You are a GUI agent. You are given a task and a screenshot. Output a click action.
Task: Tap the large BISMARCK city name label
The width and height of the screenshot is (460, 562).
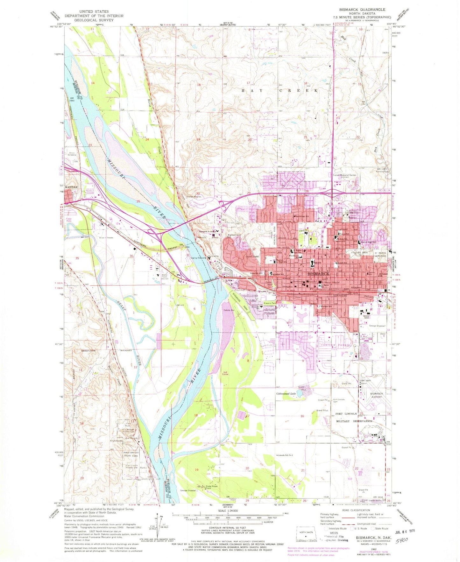[318, 274]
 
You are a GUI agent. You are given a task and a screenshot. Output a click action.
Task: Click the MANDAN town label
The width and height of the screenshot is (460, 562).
[71, 187]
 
